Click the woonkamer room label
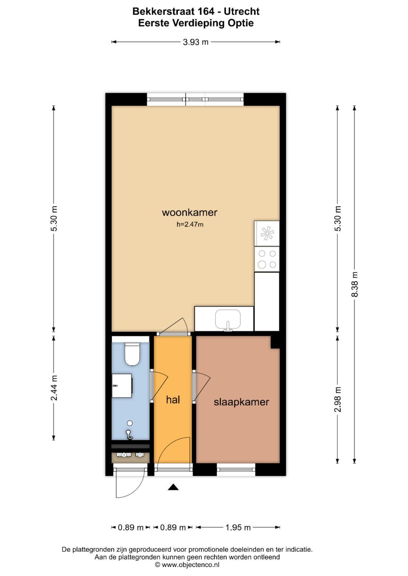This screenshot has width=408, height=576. tap(190, 213)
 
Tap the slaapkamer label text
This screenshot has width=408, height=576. tap(241, 402)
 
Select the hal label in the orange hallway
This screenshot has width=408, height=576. tap(173, 399)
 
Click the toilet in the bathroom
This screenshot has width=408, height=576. tap(132, 354)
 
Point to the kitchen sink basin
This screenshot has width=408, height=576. tap(228, 319)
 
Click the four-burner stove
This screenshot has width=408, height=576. tap(267, 259)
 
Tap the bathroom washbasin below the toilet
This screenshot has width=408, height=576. tap(122, 386)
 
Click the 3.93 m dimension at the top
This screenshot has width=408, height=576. tap(196, 42)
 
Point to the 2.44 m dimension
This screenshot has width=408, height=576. tap(54, 388)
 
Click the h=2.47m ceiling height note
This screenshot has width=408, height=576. tap(190, 224)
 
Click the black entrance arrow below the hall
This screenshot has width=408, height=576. tap(173, 487)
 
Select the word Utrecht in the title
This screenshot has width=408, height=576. tap(242, 12)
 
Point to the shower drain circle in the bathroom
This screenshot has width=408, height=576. tap(130, 423)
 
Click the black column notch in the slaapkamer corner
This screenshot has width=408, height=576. tap(275, 343)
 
